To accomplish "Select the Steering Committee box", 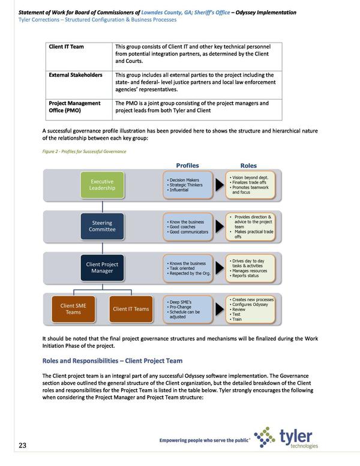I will point(102,227).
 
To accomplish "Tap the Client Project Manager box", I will point(102,268).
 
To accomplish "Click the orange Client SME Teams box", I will point(73,309).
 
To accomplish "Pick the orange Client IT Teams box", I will point(131,309).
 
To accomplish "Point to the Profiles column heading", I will point(187,165).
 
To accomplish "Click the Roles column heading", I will point(248,165).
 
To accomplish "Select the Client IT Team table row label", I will point(67,46).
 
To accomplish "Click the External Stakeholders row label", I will point(76,75).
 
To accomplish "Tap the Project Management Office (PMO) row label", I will point(75,107).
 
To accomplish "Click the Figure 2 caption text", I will point(84,151).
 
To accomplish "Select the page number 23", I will point(22,445).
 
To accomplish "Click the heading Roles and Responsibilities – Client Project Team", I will point(112,360).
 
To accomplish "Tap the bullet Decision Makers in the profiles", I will point(185,179).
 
